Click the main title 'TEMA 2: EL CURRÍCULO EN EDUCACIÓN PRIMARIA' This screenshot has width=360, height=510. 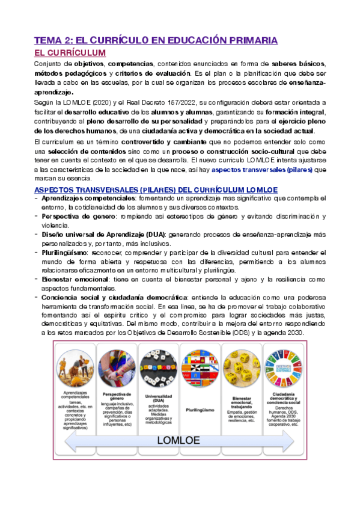pos(155,40)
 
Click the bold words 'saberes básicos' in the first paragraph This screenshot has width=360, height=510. pos(298,64)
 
